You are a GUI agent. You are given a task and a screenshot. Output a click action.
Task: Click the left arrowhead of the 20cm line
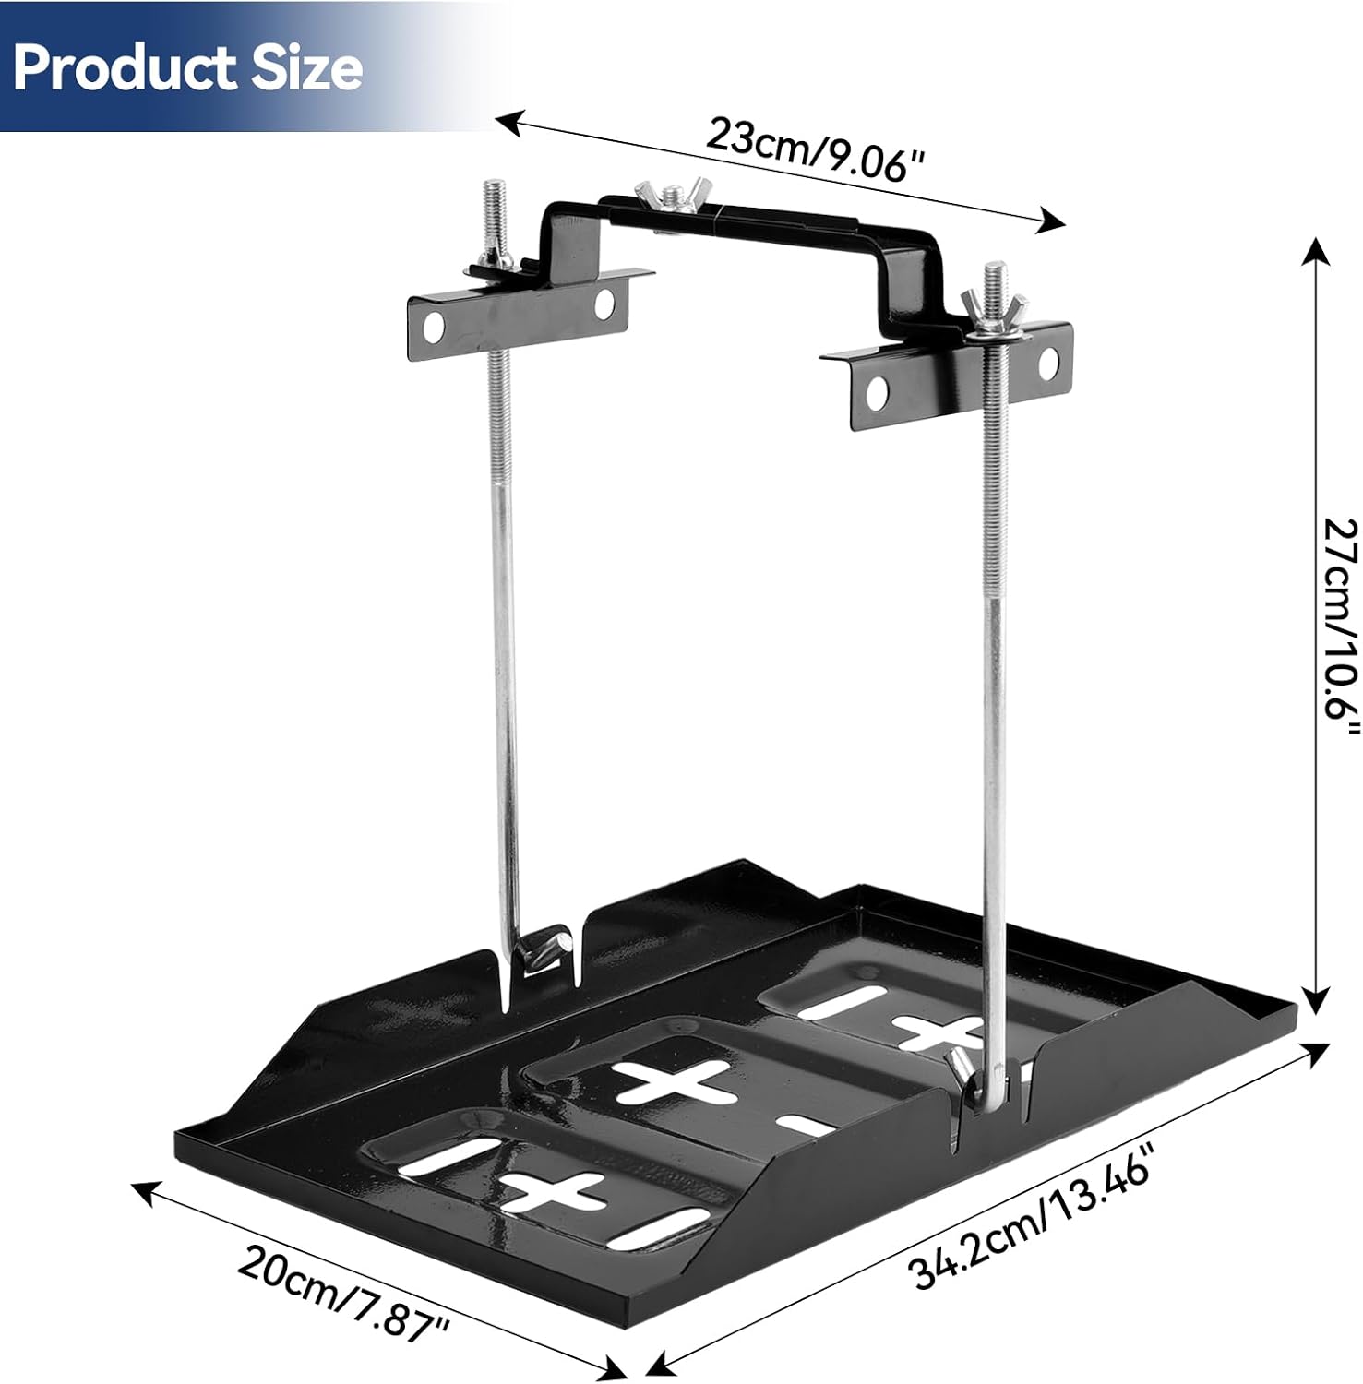pyautogui.click(x=143, y=1193)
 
